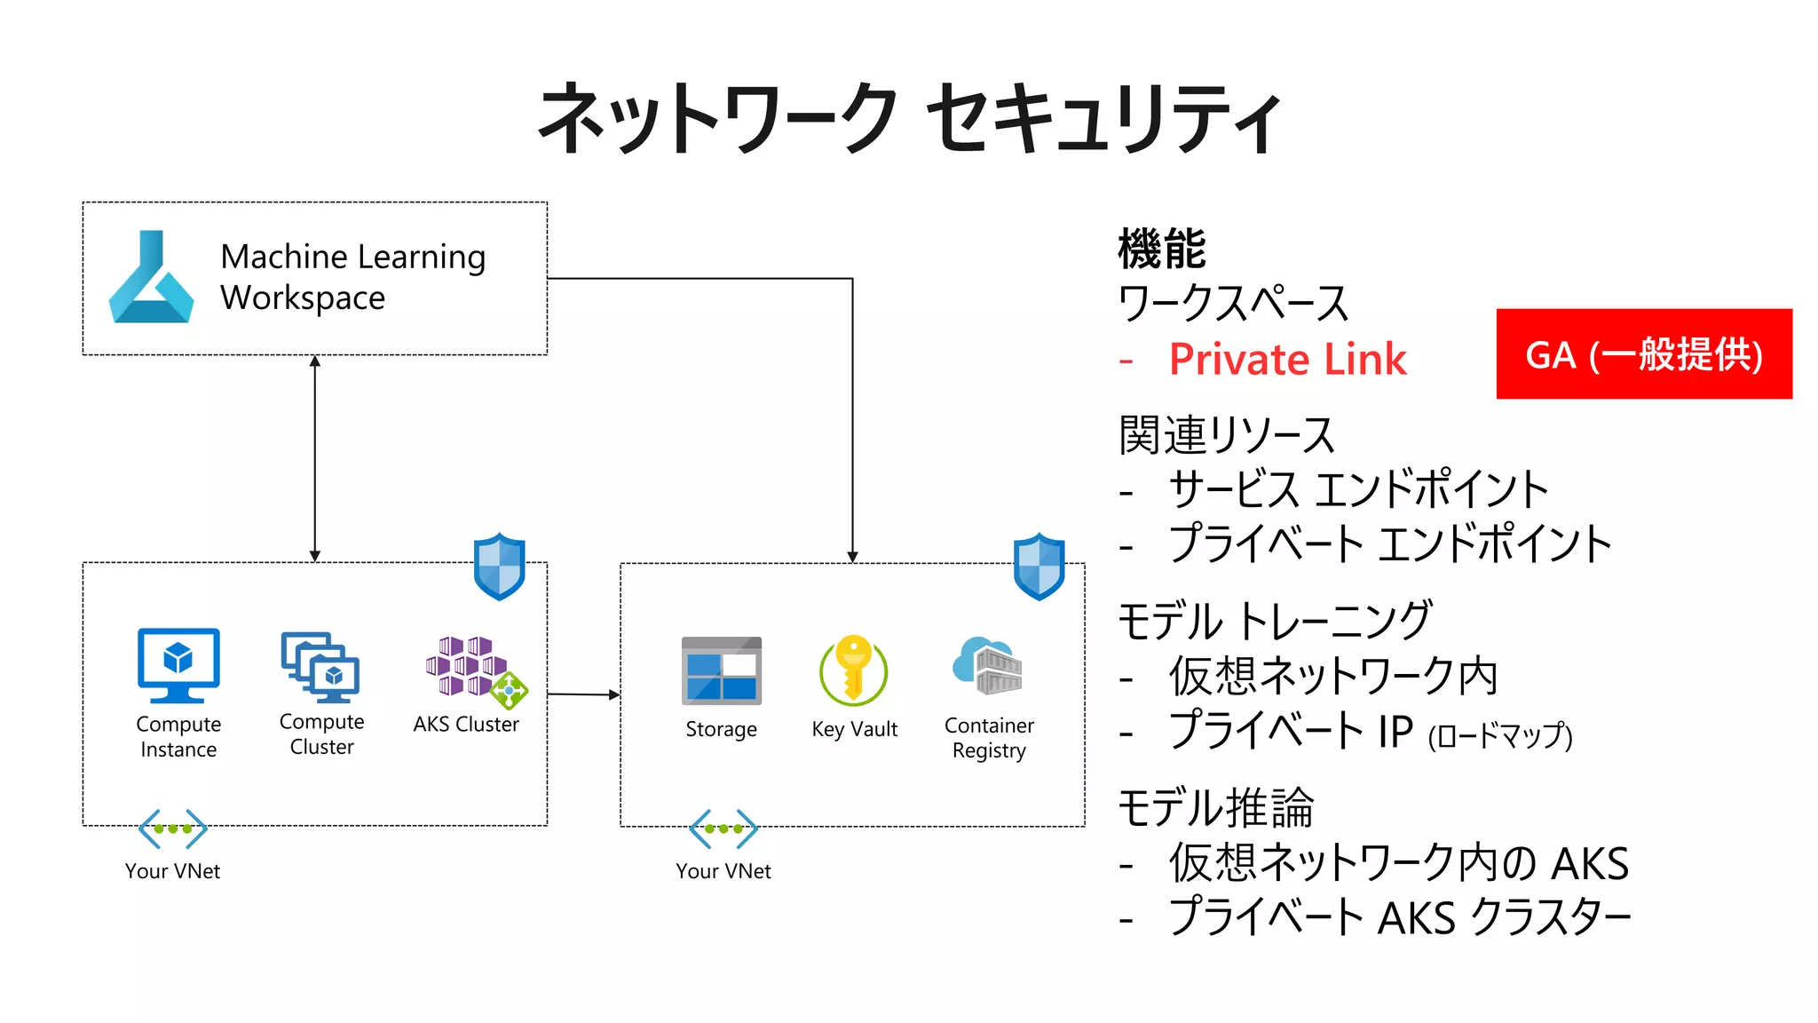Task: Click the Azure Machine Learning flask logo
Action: coord(151,278)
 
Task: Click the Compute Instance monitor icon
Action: coord(178,665)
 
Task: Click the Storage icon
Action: coord(721,670)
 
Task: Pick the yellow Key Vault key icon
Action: coord(853,670)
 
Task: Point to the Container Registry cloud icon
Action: coord(987,665)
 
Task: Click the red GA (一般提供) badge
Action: coord(1643,354)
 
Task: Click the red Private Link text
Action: coord(1287,360)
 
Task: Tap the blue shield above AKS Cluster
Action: coord(499,567)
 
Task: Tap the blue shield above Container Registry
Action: coord(1039,567)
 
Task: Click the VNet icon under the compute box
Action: coord(173,829)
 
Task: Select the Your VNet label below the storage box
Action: coord(723,871)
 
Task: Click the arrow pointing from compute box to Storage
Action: coord(583,694)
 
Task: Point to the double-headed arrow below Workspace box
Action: coord(315,458)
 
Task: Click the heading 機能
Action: coord(1162,249)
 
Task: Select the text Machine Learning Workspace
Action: coord(352,277)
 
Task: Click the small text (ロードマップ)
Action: coord(1499,736)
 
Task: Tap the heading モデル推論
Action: coord(1215,808)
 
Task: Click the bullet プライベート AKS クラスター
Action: coord(1399,917)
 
